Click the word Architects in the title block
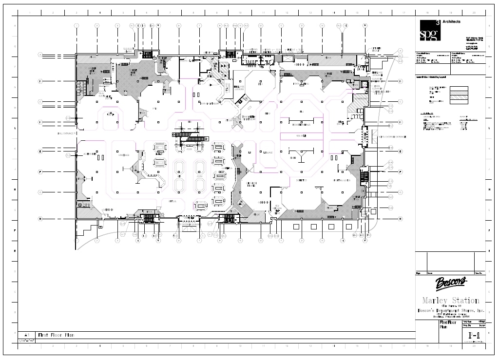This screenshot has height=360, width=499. coord(451,21)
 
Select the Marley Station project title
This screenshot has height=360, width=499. coord(450,301)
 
